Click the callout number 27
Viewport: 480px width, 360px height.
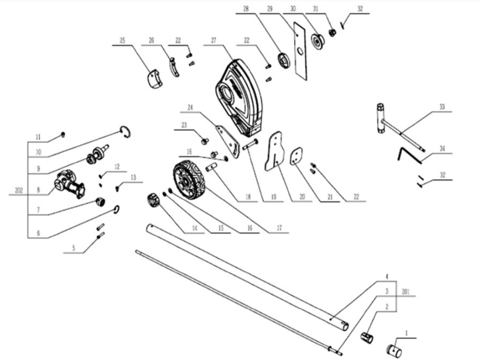[214, 40]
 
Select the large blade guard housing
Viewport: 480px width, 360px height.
[239, 98]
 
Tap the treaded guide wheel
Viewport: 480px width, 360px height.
[190, 180]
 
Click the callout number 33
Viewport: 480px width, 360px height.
[442, 107]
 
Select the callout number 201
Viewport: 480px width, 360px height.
[405, 291]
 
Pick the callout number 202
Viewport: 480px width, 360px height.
[19, 190]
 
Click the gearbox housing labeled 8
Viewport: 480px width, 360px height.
[70, 184]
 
